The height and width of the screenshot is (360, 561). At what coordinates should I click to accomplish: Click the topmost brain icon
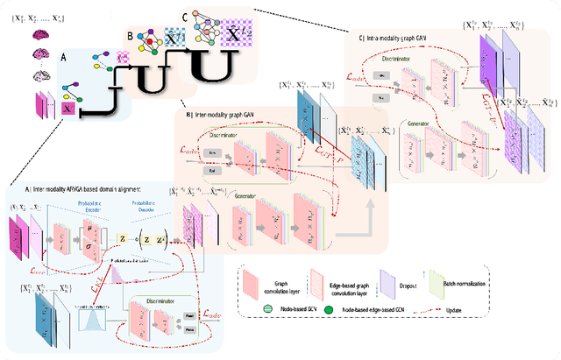click(x=41, y=35)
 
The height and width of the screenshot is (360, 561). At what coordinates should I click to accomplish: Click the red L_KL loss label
click(x=97, y=286)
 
